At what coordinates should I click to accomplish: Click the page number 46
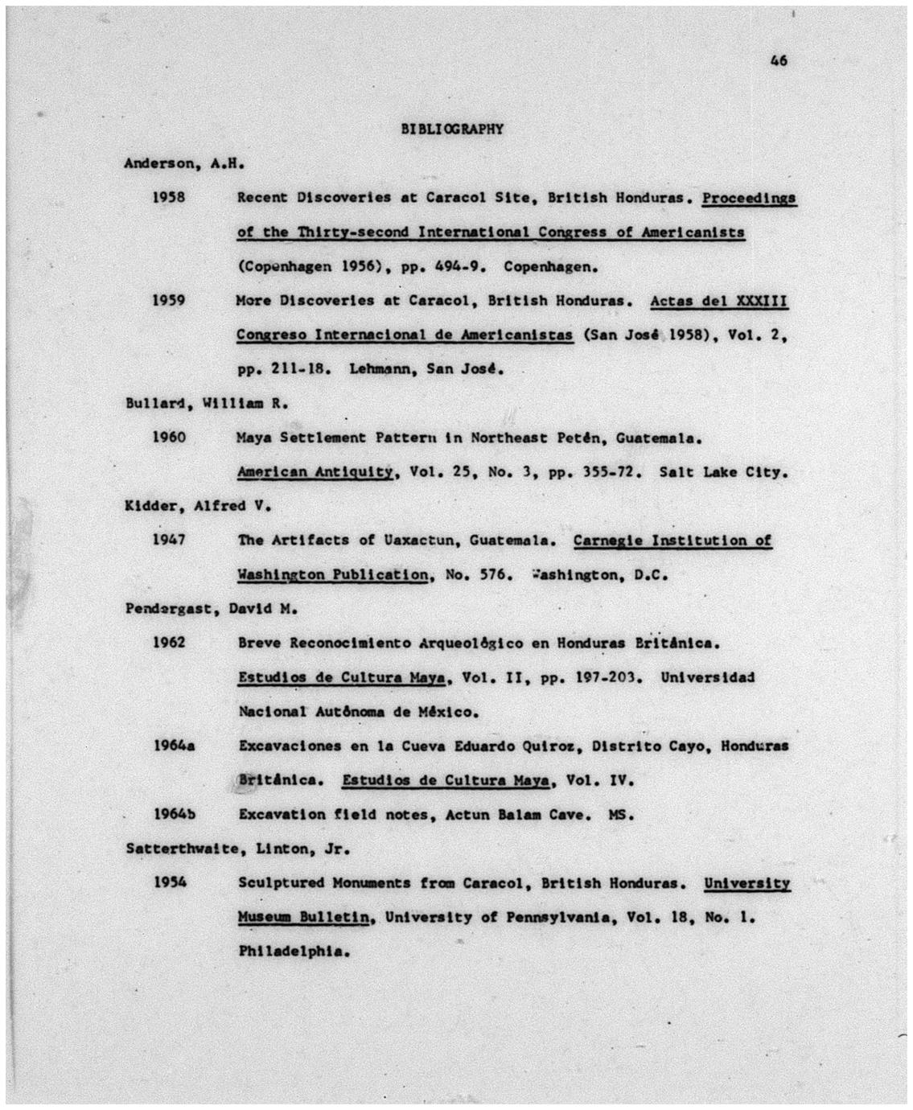pyautogui.click(x=778, y=60)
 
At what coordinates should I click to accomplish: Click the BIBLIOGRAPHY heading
pyautogui.click(x=451, y=129)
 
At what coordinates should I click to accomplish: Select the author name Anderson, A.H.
pyautogui.click(x=183, y=163)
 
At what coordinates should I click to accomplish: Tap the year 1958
pyautogui.click(x=169, y=197)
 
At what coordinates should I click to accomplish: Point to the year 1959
pyautogui.click(x=169, y=300)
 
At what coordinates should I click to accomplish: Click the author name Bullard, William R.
pyautogui.click(x=207, y=403)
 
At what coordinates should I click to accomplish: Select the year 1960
pyautogui.click(x=169, y=438)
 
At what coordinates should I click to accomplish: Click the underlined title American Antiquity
pyautogui.click(x=315, y=472)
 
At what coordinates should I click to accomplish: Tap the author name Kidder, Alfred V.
pyautogui.click(x=198, y=506)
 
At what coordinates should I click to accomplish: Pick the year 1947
pyautogui.click(x=169, y=540)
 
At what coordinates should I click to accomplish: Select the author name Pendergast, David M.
pyautogui.click(x=212, y=609)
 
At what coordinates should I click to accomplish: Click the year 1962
pyautogui.click(x=169, y=643)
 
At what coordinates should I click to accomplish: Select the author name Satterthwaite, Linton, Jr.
pyautogui.click(x=237, y=849)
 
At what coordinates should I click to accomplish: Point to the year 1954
pyautogui.click(x=169, y=882)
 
